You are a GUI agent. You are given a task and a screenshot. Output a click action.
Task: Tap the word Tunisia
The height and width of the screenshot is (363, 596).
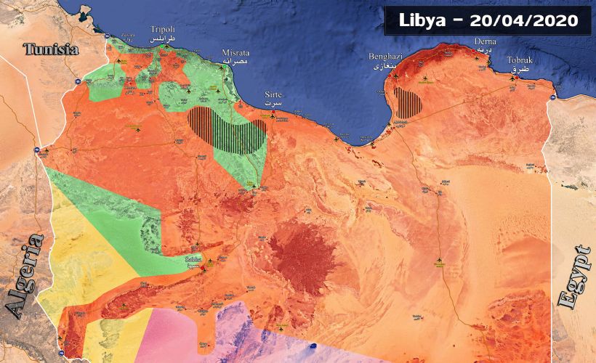tap(51, 50)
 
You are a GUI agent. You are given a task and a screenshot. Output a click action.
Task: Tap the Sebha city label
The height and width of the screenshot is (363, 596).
tap(193, 259)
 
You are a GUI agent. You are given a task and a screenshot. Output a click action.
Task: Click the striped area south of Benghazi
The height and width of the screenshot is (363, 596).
tap(407, 104)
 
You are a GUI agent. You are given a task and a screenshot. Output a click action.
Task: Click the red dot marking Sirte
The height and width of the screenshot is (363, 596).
tap(273, 114)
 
